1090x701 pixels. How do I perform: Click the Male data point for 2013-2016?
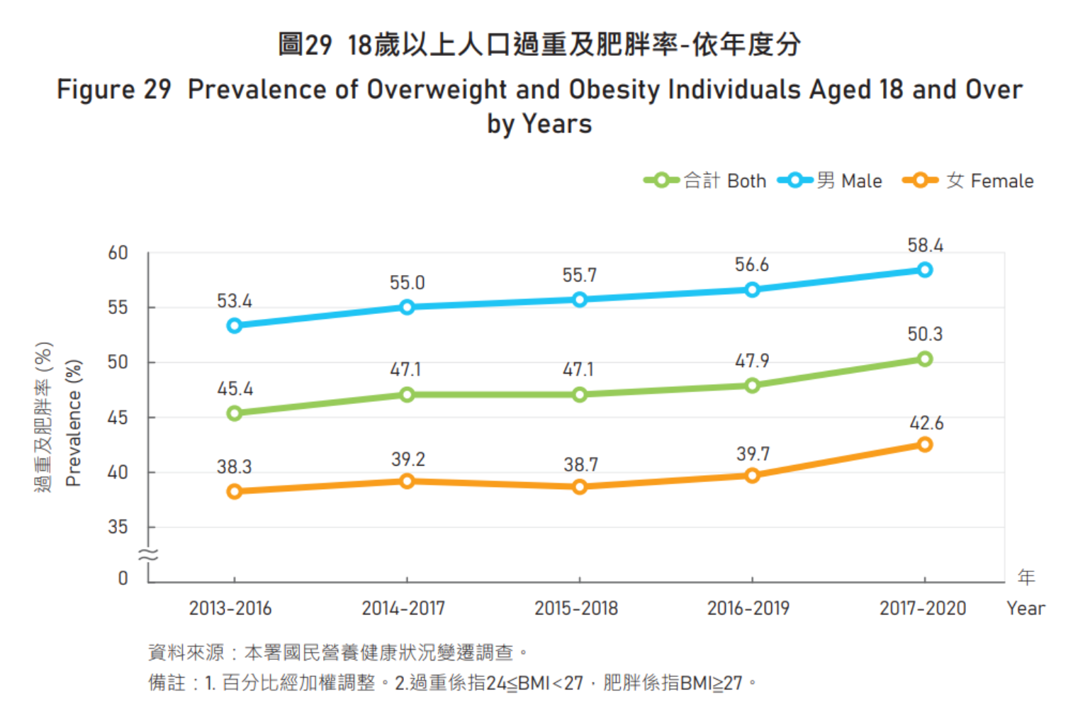(235, 325)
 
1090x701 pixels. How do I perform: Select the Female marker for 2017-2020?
(924, 444)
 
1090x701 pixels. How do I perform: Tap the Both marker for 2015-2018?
(580, 395)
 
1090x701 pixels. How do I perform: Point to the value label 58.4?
(925, 245)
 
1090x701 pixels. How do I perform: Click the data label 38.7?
(580, 465)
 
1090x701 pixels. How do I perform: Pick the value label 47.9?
(752, 361)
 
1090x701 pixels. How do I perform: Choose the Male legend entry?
(830, 181)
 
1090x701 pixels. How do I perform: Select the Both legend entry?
(705, 181)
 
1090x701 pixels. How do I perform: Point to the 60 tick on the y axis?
(118, 253)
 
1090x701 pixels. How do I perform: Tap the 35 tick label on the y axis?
(118, 527)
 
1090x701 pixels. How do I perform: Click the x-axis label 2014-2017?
(403, 608)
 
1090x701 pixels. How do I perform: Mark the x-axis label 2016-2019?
(748, 608)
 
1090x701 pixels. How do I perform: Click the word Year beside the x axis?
(1026, 608)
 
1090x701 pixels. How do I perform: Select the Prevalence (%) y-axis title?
(73, 423)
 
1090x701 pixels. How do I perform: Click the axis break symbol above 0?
(148, 555)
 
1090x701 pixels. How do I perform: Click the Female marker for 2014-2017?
(407, 481)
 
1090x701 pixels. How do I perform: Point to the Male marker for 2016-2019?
(752, 289)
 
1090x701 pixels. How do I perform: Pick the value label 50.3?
(925, 334)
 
